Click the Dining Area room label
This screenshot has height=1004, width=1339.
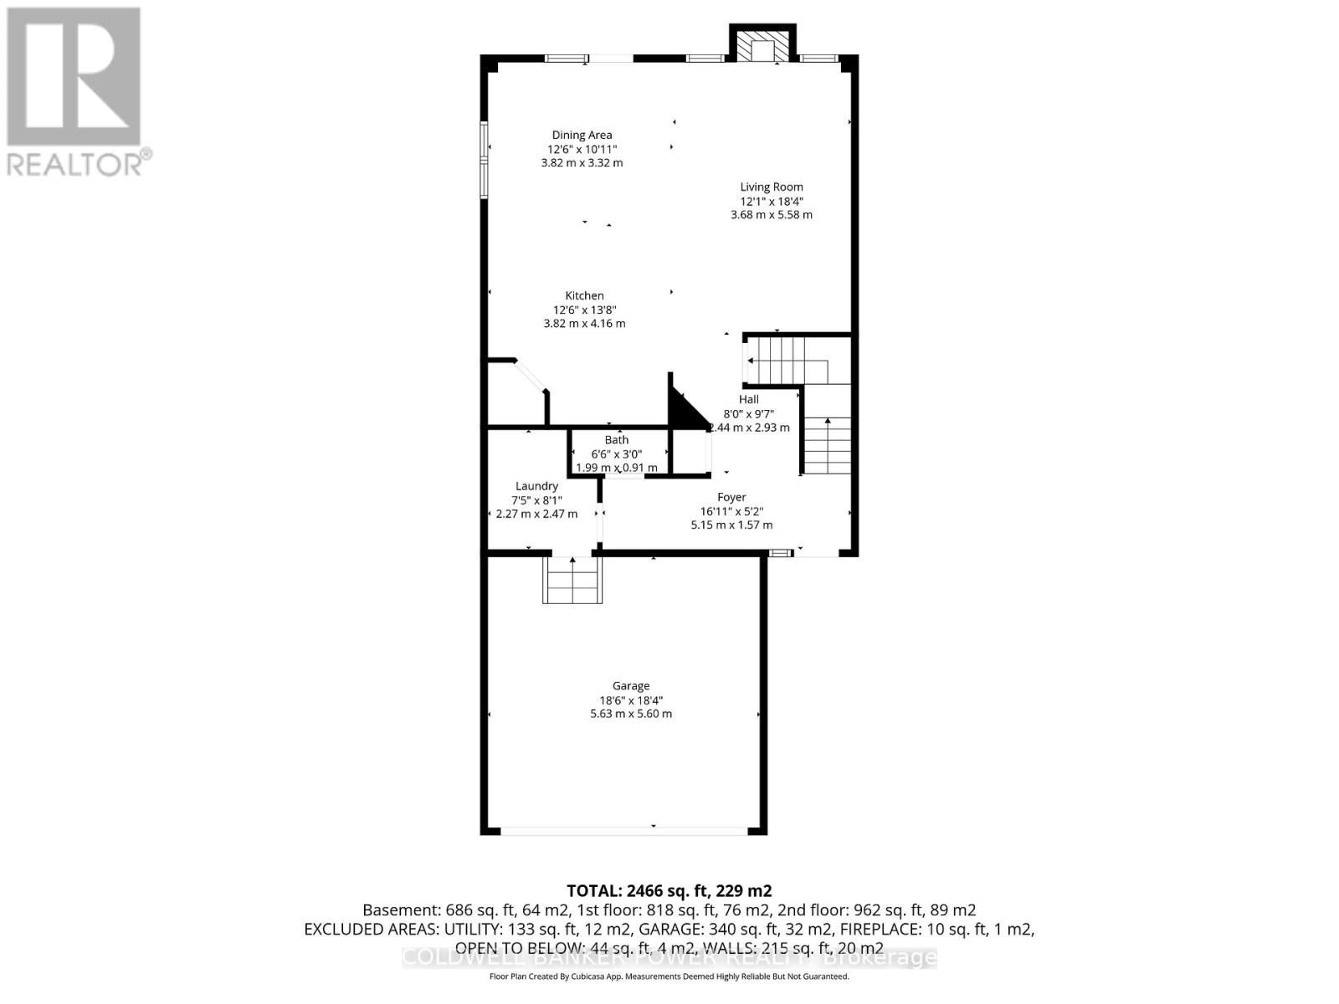click(x=582, y=135)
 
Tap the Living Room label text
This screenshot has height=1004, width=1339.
click(x=771, y=187)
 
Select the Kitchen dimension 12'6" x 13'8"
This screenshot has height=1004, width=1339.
click(x=584, y=310)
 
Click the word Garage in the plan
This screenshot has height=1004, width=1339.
click(x=631, y=686)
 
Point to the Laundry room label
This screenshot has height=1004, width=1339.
click(x=536, y=486)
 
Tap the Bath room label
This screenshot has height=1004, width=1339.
click(x=617, y=440)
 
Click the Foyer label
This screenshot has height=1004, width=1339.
click(x=731, y=497)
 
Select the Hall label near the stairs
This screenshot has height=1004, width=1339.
click(x=748, y=400)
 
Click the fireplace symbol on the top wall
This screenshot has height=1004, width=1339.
click(x=762, y=47)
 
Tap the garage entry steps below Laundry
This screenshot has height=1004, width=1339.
click(x=572, y=579)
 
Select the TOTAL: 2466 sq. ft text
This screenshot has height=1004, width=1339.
click(x=669, y=891)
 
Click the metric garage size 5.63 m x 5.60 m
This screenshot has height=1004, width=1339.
click(x=631, y=714)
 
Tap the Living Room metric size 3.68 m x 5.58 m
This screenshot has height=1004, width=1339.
click(x=771, y=214)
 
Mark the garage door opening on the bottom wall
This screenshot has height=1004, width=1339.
click(x=623, y=831)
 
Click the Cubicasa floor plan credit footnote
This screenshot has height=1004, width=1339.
click(x=669, y=976)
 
